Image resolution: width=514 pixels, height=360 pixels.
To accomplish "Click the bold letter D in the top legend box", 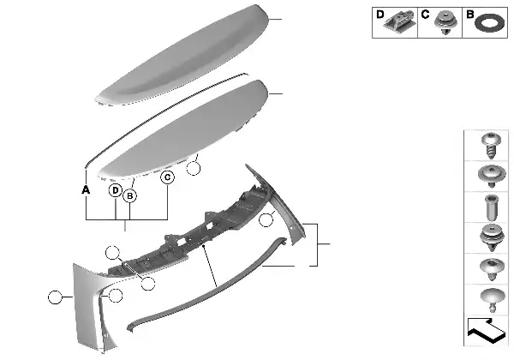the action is click(380, 15).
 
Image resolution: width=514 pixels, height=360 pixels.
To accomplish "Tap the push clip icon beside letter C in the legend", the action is click(445, 22).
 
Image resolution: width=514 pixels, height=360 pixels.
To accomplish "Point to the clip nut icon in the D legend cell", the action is click(400, 21).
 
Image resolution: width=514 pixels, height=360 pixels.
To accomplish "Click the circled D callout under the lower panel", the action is click(116, 190).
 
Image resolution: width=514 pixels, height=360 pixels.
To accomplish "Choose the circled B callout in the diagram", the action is click(130, 196).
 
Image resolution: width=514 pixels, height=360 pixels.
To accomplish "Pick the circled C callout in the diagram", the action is click(168, 177).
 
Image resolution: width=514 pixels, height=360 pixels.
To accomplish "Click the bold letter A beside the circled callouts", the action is click(86, 189).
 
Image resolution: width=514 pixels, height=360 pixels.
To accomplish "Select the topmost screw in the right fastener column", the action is click(490, 145).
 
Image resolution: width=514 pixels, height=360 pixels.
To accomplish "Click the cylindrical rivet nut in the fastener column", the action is click(490, 207).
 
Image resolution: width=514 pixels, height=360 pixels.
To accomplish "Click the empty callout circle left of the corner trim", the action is click(55, 297).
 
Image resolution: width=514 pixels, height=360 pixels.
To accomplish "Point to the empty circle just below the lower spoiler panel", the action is click(193, 169).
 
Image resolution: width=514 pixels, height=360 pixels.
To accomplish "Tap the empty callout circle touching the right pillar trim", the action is click(266, 219).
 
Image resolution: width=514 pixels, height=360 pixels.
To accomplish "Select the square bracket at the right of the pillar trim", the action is click(317, 244).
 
